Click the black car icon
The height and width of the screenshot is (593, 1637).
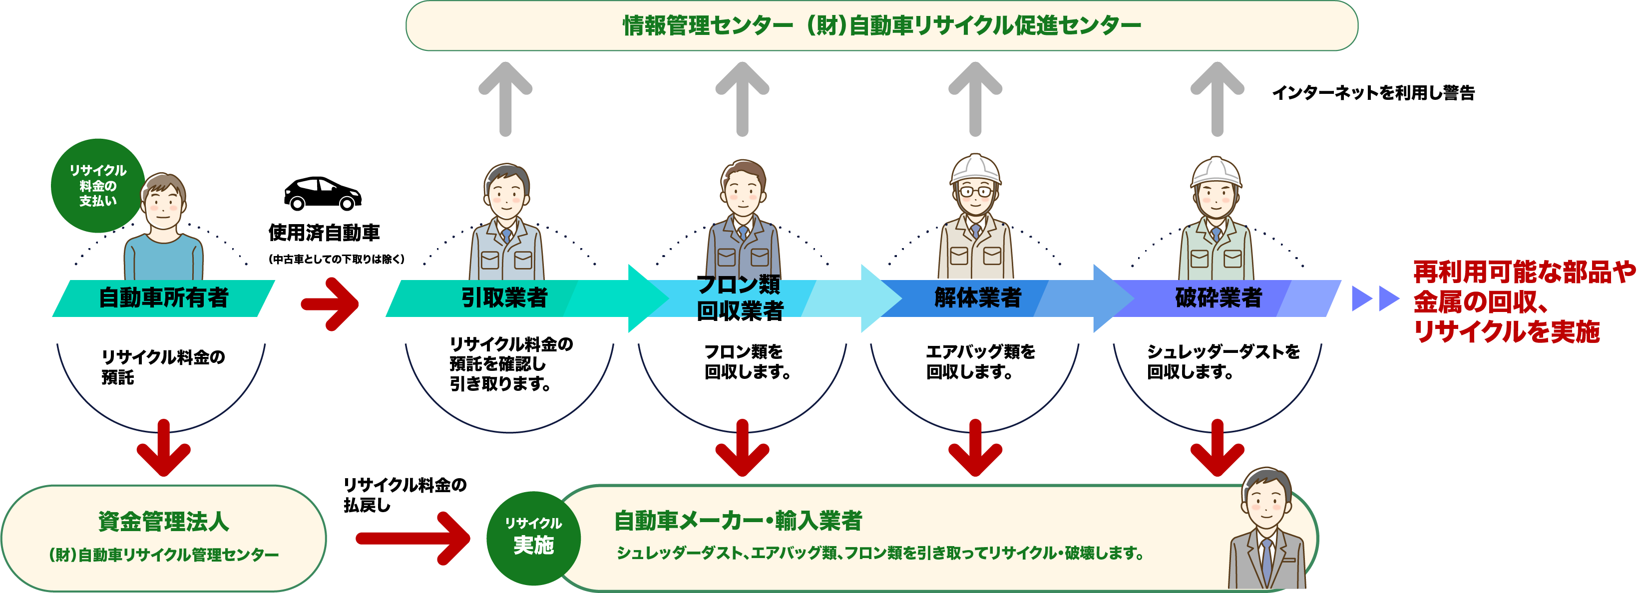(x=322, y=194)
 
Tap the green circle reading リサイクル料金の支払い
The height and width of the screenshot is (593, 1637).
(x=97, y=185)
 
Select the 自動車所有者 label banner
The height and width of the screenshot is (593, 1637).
(x=163, y=298)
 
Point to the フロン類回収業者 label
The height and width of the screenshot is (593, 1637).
(x=740, y=298)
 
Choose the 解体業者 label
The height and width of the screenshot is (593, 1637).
(x=977, y=298)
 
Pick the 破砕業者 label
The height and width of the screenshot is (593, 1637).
(x=1218, y=298)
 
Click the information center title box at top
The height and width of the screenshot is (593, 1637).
(x=881, y=26)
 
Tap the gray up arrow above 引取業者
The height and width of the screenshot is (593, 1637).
(x=505, y=98)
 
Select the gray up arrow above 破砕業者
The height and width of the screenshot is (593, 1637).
(x=1217, y=98)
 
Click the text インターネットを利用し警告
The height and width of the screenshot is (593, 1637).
(x=1373, y=93)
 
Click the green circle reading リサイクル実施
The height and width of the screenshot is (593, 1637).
(x=533, y=538)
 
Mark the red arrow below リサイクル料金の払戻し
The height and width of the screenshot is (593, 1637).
(x=413, y=539)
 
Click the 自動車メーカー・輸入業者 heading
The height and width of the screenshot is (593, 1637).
(x=738, y=521)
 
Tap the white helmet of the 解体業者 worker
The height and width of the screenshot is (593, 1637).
(x=975, y=168)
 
